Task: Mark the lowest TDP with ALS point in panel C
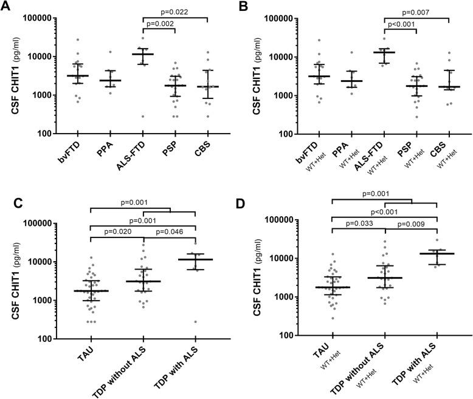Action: tap(195, 322)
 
